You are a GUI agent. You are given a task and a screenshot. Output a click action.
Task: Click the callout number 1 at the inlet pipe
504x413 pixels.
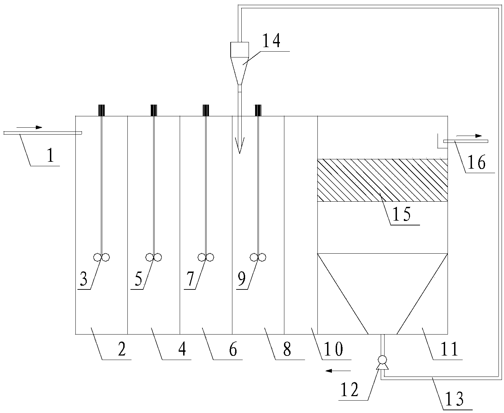(x=50, y=156)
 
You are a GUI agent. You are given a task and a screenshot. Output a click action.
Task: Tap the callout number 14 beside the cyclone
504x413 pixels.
(x=272, y=41)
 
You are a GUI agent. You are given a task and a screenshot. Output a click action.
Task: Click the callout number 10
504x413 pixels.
(x=334, y=349)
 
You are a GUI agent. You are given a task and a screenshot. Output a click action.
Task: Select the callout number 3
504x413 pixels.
(x=84, y=279)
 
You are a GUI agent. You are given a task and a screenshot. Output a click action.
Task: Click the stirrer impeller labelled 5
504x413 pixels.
(x=154, y=257)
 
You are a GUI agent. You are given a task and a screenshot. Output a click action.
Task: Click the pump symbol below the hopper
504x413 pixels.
(x=382, y=360)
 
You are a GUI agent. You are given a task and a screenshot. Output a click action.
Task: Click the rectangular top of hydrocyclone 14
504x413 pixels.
(x=240, y=49)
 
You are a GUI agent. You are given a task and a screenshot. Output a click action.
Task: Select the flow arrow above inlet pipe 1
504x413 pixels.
(x=30, y=128)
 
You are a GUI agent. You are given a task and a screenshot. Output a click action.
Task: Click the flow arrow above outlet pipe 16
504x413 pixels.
(x=474, y=136)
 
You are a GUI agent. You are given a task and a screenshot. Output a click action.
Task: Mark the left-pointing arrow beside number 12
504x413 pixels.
(x=338, y=371)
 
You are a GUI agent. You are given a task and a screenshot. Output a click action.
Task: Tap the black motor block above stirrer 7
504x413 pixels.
(x=206, y=110)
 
